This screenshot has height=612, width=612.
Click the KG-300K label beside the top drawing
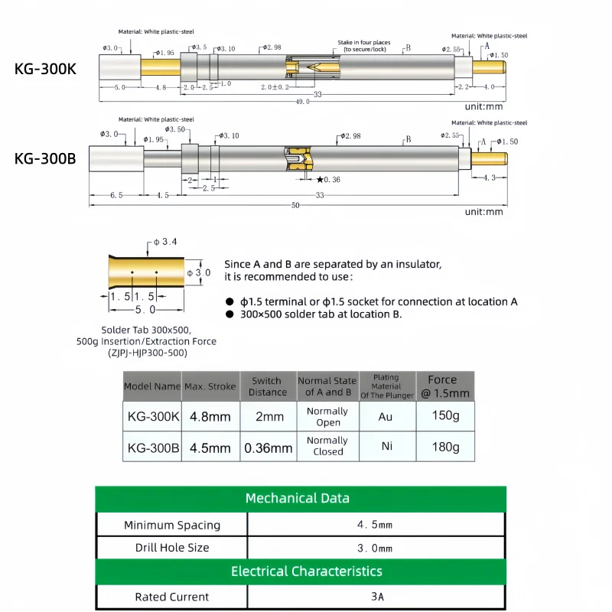(45, 69)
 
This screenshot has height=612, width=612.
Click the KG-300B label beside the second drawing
(45, 159)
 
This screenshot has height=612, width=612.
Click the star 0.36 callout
(328, 180)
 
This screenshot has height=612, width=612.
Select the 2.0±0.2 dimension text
(275, 87)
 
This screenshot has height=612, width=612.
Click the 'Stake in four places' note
(364, 45)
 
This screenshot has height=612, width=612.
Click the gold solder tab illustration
(145, 272)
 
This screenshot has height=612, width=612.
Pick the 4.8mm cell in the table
(210, 417)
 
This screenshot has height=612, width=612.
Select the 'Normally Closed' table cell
(327, 446)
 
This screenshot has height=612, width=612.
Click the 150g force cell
(444, 417)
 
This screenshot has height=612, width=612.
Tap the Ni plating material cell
(386, 446)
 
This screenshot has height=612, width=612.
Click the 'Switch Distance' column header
(267, 386)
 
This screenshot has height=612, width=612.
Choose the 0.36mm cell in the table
(267, 448)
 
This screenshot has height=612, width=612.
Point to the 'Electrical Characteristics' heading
(306, 571)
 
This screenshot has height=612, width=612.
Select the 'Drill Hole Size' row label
(171, 548)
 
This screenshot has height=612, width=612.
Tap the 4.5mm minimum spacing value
(375, 525)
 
